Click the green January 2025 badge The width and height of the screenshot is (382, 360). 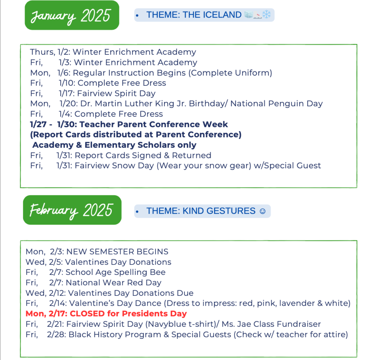click(72, 15)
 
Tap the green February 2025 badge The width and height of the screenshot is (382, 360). click(72, 210)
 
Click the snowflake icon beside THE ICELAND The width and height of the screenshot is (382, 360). click(266, 15)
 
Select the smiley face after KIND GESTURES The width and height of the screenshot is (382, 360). click(262, 211)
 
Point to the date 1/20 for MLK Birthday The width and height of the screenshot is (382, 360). click(69, 103)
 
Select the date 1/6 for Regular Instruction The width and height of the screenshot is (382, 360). click(64, 73)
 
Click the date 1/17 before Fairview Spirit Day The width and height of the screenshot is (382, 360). click(66, 93)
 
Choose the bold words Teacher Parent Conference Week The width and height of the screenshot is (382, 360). click(154, 124)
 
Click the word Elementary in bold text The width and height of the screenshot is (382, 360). click(110, 145)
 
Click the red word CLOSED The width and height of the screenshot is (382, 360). click(87, 313)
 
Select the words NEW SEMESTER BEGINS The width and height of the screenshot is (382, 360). click(118, 251)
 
